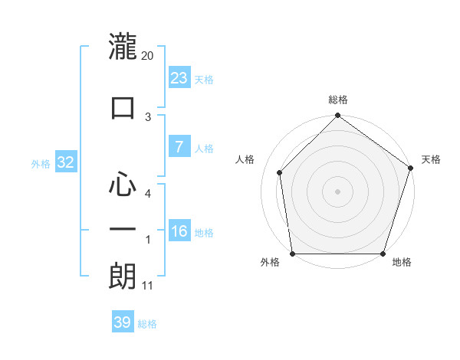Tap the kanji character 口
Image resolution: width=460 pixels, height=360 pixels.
coord(123,107)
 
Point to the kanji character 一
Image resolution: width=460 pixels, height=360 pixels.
coord(123,230)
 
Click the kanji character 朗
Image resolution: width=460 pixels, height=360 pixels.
coord(123,276)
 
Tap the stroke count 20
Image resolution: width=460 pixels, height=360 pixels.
coord(148,56)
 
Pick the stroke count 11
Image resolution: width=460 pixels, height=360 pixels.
coord(147,286)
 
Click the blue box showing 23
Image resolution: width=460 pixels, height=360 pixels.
coord(179,77)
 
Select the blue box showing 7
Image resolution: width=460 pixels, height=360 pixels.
coord(179,147)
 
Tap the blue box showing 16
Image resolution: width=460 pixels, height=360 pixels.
coord(179,231)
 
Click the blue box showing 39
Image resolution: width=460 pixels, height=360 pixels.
coord(123,322)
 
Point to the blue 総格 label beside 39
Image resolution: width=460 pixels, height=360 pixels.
coord(147,324)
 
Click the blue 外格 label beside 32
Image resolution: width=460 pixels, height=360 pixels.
coord(41,163)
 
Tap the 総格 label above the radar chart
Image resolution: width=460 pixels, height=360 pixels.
coord(338,100)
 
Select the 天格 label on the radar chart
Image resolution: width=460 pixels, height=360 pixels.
coord(431,160)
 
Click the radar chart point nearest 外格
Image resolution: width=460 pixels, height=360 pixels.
coord(292,254)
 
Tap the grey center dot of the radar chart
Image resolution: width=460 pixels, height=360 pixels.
coord(338,191)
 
